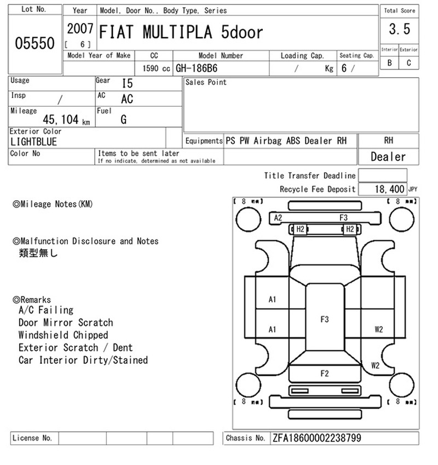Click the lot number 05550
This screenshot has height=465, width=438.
click(x=34, y=43)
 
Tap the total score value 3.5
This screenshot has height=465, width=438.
click(x=400, y=29)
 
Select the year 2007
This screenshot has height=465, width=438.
click(x=80, y=29)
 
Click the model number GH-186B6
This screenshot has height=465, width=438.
click(x=197, y=68)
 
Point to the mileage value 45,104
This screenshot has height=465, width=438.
click(x=61, y=119)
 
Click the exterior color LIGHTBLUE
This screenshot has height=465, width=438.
click(x=33, y=142)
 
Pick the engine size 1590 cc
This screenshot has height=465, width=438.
click(x=156, y=68)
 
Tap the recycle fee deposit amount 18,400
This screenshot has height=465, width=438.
click(x=389, y=189)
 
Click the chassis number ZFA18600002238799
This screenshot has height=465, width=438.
click(x=316, y=438)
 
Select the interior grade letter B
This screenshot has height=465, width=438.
click(x=389, y=63)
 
